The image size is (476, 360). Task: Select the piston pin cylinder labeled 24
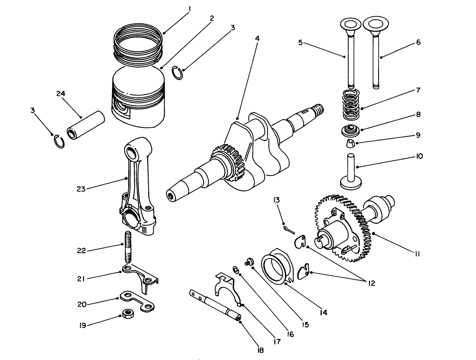[86, 125]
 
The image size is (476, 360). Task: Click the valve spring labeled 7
[351, 105]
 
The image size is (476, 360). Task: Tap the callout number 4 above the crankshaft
[257, 38]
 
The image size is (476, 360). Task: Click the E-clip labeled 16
[236, 269]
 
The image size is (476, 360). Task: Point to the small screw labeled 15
[249, 261]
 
